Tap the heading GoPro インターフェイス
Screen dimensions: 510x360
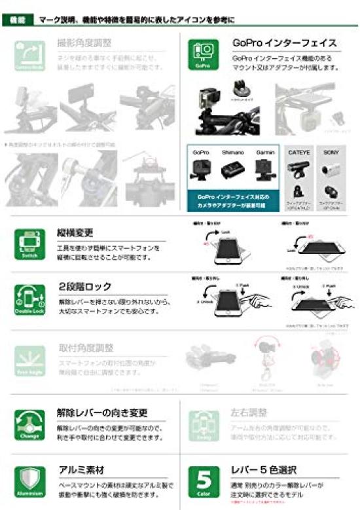[x=284, y=43]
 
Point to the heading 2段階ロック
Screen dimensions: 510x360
[x=84, y=286]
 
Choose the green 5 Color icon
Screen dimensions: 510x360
[x=202, y=482]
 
